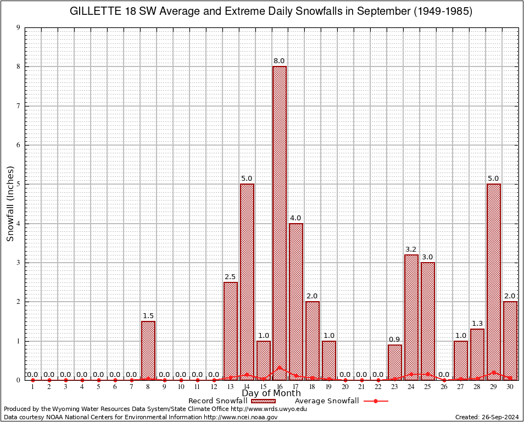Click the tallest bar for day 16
click(x=280, y=220)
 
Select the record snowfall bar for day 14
click(x=247, y=280)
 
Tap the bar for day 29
click(x=494, y=280)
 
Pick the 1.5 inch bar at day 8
click(x=148, y=351)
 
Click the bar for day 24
click(x=411, y=316)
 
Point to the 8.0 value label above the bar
click(x=280, y=61)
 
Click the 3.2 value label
click(x=411, y=249)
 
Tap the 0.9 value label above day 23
click(x=395, y=340)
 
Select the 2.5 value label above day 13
click(x=230, y=277)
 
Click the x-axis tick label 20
click(x=345, y=387)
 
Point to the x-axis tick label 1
click(x=33, y=387)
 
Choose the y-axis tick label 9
click(x=19, y=27)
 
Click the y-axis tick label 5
click(x=19, y=185)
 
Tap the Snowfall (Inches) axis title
click(x=10, y=204)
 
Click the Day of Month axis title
click(x=271, y=393)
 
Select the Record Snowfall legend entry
click(x=218, y=401)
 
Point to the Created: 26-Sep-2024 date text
click(x=487, y=417)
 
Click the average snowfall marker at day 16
click(x=280, y=368)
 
